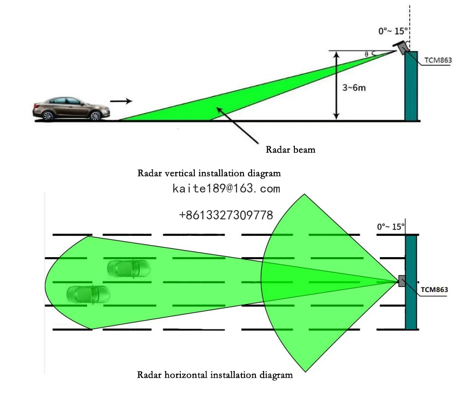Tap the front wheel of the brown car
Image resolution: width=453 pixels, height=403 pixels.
95,116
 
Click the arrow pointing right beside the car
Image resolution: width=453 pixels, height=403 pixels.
121,101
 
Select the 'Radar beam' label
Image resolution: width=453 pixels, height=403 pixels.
290,149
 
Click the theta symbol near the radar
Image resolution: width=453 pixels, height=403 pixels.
366,54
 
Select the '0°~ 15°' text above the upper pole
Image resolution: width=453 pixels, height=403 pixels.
393,31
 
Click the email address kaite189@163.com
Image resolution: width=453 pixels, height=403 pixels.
226,189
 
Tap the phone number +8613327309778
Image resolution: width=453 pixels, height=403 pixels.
226,216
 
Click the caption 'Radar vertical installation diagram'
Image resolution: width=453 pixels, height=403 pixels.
209,173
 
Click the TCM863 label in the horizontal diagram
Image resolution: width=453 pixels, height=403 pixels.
434,290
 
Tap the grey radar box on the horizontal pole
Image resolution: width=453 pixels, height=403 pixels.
402,281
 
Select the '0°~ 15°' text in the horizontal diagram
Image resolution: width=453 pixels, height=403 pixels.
391,227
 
